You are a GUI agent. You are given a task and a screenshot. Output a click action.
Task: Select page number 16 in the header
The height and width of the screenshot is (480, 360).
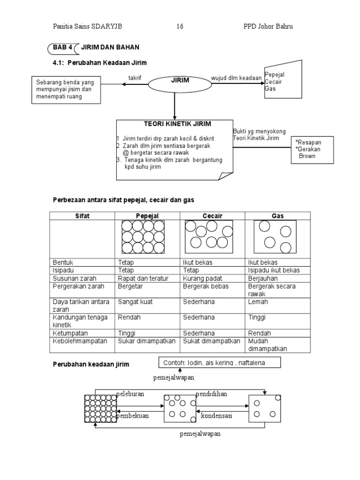tap(180, 26)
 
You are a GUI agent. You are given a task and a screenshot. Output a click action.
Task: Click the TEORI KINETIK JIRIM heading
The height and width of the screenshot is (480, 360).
tap(174, 124)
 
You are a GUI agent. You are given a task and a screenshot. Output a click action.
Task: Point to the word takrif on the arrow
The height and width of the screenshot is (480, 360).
tap(135, 77)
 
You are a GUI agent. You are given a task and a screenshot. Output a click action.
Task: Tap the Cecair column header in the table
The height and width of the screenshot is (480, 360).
tap(212, 216)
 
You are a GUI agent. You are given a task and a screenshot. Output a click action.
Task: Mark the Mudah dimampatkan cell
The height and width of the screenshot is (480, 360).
tap(267, 345)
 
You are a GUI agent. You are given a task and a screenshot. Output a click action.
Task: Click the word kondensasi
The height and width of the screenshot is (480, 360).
tap(217, 416)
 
